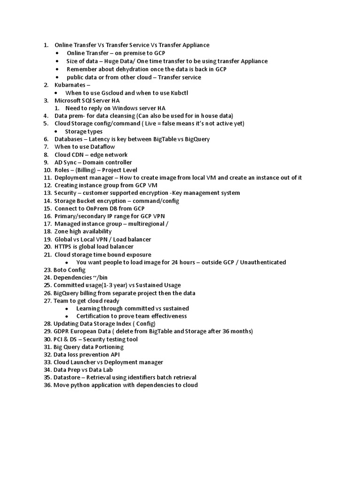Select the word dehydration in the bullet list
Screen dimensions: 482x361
click(122, 69)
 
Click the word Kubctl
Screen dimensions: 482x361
click(178, 93)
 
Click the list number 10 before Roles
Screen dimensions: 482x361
click(47, 170)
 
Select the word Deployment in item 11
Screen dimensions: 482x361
click(71, 177)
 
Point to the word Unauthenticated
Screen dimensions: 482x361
click(263, 262)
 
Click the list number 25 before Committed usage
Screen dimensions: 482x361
click(47, 285)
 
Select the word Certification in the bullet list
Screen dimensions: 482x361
click(94, 316)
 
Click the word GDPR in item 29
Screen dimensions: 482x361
click(62, 331)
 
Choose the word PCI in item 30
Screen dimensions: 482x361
click(59, 339)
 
